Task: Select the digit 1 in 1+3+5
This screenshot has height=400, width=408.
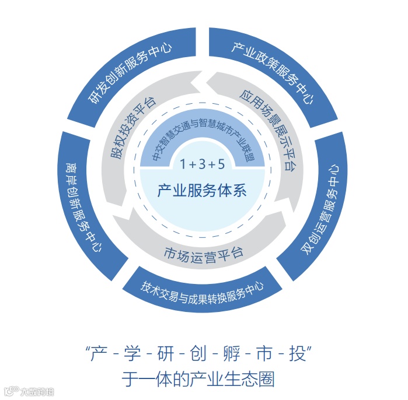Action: click(x=183, y=164)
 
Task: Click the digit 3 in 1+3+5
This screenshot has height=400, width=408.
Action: click(x=202, y=164)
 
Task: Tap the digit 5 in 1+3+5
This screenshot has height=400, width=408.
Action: click(x=221, y=164)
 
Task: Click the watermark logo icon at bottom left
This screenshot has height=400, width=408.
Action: click(x=9, y=391)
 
